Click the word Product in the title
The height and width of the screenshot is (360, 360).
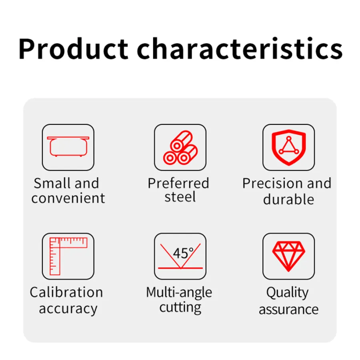pyautogui.click(x=74, y=49)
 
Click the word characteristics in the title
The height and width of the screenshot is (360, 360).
pyautogui.click(x=240, y=49)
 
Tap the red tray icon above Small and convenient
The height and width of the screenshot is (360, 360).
pyautogui.click(x=68, y=146)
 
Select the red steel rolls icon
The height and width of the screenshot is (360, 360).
pyautogui.click(x=180, y=148)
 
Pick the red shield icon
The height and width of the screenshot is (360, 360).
pyautogui.click(x=288, y=147)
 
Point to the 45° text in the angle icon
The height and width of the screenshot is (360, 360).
pyautogui.click(x=183, y=253)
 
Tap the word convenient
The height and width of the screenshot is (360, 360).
pyautogui.click(x=68, y=198)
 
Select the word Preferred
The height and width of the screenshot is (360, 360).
pyautogui.click(x=178, y=184)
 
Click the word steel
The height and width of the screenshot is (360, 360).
pyautogui.click(x=180, y=197)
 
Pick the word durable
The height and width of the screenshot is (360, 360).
pyautogui.click(x=288, y=199)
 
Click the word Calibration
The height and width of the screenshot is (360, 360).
pyautogui.click(x=66, y=292)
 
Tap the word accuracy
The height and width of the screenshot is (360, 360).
pyautogui.click(x=68, y=309)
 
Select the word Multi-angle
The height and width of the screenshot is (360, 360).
pyautogui.click(x=179, y=293)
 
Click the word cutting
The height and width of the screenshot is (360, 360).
pyautogui.click(x=180, y=308)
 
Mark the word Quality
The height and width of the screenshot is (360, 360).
pyautogui.click(x=287, y=293)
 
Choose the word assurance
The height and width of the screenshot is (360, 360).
pyautogui.click(x=288, y=310)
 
